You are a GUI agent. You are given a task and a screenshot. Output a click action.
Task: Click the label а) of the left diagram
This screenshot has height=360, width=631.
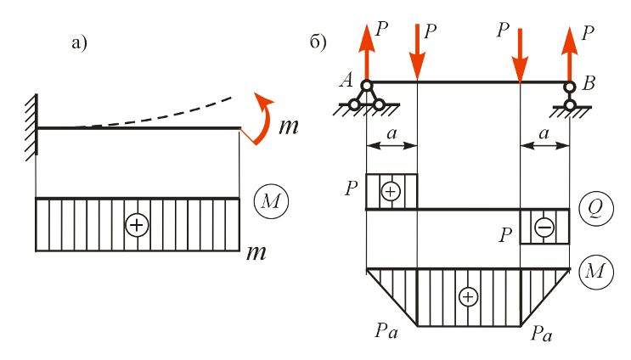[x=79, y=43]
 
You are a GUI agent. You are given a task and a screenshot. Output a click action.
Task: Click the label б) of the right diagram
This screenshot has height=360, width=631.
[x=318, y=42]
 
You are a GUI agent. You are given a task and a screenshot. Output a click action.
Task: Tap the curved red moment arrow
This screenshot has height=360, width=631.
[x=265, y=121]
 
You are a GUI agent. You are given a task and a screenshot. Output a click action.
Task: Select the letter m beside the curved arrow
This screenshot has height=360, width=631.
[x=289, y=127]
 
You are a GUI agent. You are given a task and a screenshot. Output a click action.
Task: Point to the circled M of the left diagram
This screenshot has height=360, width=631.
[x=271, y=201]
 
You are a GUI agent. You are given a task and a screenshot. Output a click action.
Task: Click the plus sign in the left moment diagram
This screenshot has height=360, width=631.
[x=137, y=225]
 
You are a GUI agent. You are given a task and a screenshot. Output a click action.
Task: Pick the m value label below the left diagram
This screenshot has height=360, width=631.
[x=256, y=253]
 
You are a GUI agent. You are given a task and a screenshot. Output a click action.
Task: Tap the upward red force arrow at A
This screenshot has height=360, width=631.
[x=367, y=53]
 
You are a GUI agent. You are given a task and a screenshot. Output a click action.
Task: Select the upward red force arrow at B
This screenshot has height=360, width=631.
[x=570, y=53]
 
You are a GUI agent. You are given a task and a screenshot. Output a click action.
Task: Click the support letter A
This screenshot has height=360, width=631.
[x=346, y=80]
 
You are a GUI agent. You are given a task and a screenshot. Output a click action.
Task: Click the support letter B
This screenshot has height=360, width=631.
[x=589, y=83]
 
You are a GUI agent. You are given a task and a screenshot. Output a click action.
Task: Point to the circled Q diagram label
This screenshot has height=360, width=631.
[x=596, y=209]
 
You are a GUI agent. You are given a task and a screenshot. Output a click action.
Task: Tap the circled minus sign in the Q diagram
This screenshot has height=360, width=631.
[x=544, y=228]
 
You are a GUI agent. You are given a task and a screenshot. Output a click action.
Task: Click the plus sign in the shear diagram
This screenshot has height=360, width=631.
[x=391, y=192]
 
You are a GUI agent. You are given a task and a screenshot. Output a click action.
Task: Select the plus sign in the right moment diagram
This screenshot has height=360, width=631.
[x=468, y=297]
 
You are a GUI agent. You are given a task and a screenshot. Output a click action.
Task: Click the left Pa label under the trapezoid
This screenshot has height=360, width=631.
[x=386, y=330]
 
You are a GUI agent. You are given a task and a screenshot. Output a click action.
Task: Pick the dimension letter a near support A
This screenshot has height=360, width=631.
[x=392, y=132]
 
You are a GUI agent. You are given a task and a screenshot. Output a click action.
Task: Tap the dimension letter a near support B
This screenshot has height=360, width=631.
[x=544, y=132]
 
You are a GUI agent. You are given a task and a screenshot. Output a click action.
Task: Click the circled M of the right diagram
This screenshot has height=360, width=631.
[x=596, y=272]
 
